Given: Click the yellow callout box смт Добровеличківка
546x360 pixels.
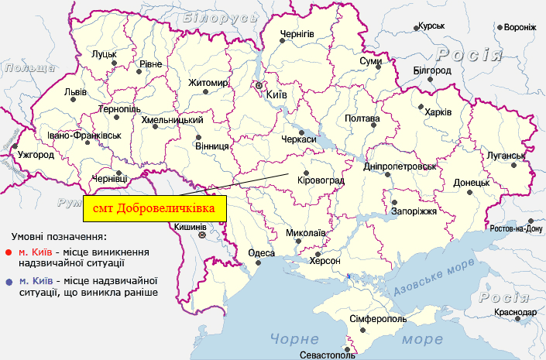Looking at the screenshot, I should [x=154, y=208].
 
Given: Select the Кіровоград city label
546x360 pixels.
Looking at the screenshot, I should [x=320, y=181].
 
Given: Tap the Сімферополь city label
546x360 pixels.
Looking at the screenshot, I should [x=377, y=319].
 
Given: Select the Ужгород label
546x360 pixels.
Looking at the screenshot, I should [x=31, y=155].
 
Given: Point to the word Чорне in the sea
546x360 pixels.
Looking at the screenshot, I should [x=294, y=338].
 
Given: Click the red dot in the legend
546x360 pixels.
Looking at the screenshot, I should [x=9, y=252].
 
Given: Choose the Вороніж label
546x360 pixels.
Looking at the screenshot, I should [x=520, y=27].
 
